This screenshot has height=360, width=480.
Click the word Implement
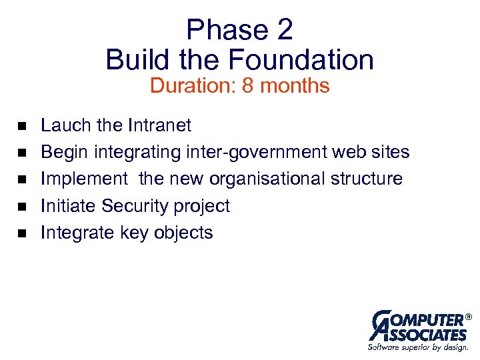(x=83, y=179)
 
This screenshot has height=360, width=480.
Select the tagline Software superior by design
(x=418, y=347)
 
